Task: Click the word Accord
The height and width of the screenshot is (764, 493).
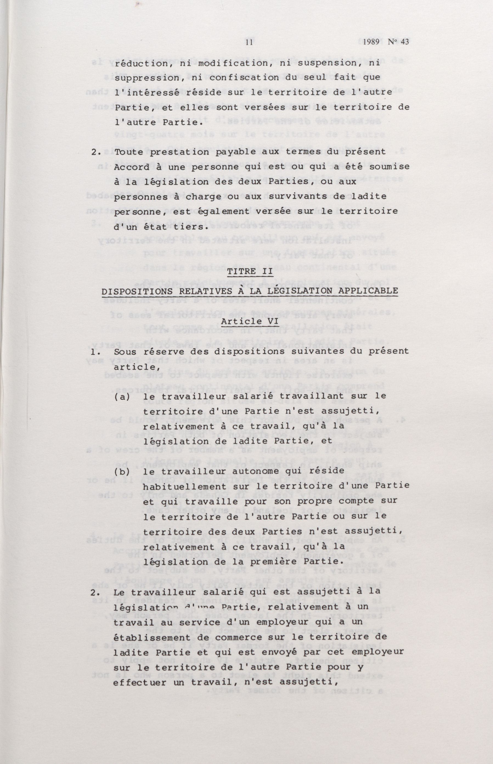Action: pyautogui.click(x=130, y=167)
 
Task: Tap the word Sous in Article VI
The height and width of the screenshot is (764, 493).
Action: pyautogui.click(x=125, y=351)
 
